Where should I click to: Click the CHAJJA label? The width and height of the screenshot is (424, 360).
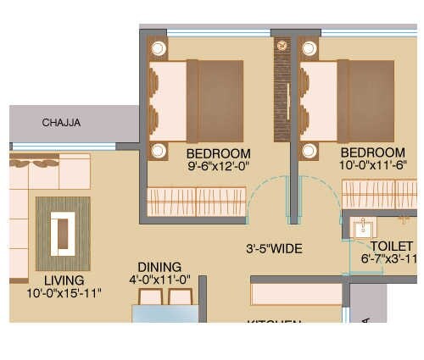point(61,123)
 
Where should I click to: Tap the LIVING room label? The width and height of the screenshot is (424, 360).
point(64,280)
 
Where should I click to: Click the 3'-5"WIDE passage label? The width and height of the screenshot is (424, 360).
point(274,249)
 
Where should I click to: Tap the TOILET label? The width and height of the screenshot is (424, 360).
point(387,246)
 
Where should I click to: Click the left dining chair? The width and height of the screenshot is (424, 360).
point(151,296)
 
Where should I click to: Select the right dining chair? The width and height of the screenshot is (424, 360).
point(181,296)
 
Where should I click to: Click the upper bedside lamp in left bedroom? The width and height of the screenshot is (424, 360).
point(158,46)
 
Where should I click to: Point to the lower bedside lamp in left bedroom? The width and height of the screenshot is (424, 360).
point(158,151)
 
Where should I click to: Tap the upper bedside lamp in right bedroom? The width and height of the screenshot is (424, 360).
point(308,46)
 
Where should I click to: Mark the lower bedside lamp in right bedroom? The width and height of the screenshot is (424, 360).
point(308,151)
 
